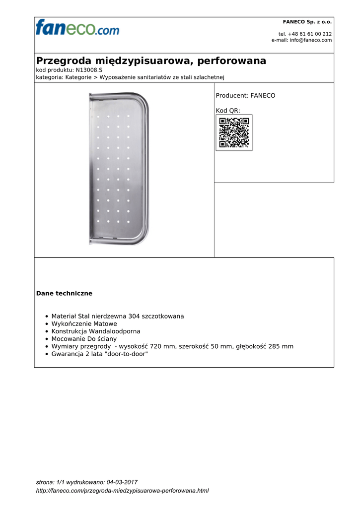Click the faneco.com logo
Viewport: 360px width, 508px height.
point(77,28)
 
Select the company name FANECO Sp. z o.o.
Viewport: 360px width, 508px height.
point(307,22)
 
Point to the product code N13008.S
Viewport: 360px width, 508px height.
point(89,70)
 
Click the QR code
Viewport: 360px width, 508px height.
point(234,132)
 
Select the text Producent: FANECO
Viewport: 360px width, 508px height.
point(245,95)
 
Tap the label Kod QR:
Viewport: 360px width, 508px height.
point(228,110)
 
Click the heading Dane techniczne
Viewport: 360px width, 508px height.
point(64,294)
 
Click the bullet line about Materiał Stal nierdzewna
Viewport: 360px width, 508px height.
point(118,316)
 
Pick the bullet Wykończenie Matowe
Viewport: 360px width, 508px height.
point(84,323)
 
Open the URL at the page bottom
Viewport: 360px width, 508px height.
point(123,491)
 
